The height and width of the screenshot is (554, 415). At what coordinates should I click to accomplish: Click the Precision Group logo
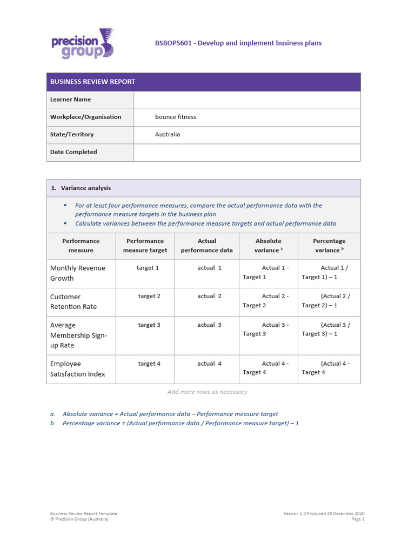coord(82,43)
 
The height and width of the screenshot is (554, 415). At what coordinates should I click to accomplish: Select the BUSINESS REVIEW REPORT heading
coord(92,82)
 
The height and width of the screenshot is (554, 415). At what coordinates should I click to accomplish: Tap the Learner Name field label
coord(70,100)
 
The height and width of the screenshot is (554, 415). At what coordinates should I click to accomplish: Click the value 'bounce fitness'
coord(176,117)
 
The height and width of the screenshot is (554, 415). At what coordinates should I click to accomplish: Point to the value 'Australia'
coord(168,134)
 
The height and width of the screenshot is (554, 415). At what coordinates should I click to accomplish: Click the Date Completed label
coord(73,152)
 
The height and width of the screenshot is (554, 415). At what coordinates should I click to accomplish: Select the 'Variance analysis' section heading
coord(85,188)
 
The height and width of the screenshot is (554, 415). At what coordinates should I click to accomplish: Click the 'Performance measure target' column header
coord(145,246)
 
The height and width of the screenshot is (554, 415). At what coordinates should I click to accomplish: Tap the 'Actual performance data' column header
coord(206,246)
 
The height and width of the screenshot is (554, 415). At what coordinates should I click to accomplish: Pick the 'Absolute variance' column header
coord(268,246)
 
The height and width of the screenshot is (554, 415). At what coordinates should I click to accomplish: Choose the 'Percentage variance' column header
coord(329,246)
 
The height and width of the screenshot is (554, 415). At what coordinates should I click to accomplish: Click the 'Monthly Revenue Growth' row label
coord(77,273)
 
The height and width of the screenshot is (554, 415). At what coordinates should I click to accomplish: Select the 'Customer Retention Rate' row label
coord(73,301)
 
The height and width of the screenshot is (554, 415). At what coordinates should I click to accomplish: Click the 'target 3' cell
coord(149,325)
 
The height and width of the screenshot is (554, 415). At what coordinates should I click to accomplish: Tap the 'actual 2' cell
coord(210,296)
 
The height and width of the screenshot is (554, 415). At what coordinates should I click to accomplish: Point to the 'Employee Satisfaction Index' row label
coord(77,369)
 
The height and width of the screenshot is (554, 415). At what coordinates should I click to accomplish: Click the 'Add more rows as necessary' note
coord(207,392)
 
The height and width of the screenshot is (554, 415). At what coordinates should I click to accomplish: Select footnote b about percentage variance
coord(180,423)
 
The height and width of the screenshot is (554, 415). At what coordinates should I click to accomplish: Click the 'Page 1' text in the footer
coord(358,519)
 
